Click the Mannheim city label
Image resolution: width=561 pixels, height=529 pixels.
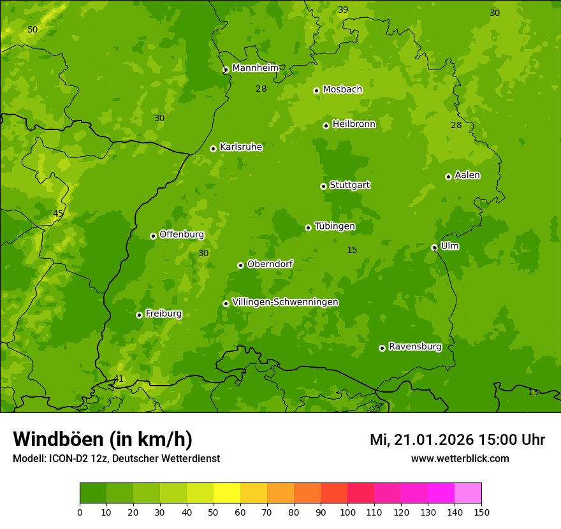255,68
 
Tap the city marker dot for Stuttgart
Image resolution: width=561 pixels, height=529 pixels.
323,186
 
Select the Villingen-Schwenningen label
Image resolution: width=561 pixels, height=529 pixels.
285,302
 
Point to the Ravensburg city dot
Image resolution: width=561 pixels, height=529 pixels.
382,348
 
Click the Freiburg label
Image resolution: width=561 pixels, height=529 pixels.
163,314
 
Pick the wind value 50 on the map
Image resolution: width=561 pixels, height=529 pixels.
33,29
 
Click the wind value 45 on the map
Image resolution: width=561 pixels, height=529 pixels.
58,214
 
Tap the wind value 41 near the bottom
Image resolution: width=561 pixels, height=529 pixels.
119,379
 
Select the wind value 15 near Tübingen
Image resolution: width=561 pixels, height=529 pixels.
352,250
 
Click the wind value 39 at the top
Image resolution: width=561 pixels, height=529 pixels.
343,10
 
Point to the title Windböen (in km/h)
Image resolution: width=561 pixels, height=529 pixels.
103,439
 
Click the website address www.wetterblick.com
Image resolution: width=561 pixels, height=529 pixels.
460,458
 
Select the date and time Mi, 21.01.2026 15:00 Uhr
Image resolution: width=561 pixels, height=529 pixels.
457,440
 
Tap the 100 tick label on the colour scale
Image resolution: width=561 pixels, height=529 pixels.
347,511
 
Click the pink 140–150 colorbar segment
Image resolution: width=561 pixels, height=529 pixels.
468,493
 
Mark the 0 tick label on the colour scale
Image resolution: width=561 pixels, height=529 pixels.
80,511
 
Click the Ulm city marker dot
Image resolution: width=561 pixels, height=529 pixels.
434,247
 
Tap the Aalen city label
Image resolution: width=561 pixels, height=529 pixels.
467,175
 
